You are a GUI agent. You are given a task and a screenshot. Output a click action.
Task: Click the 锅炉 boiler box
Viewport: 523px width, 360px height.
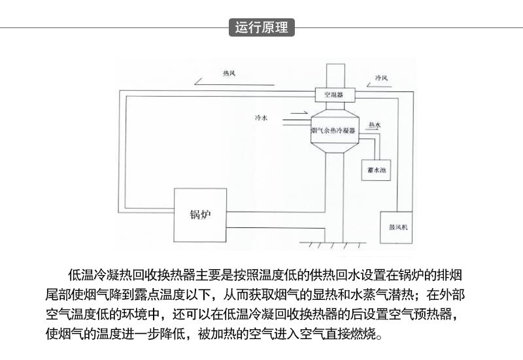point(199,215)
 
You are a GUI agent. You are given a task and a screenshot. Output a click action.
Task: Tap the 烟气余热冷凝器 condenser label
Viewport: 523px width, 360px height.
point(333,131)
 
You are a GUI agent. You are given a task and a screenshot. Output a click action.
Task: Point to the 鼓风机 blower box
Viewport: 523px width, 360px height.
point(396,227)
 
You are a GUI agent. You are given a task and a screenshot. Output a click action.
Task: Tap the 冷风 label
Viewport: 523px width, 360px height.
point(381,78)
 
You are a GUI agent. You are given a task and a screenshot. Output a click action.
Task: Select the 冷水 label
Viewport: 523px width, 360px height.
point(261,118)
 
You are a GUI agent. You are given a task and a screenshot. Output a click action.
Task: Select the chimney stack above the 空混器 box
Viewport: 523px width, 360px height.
point(333,74)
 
